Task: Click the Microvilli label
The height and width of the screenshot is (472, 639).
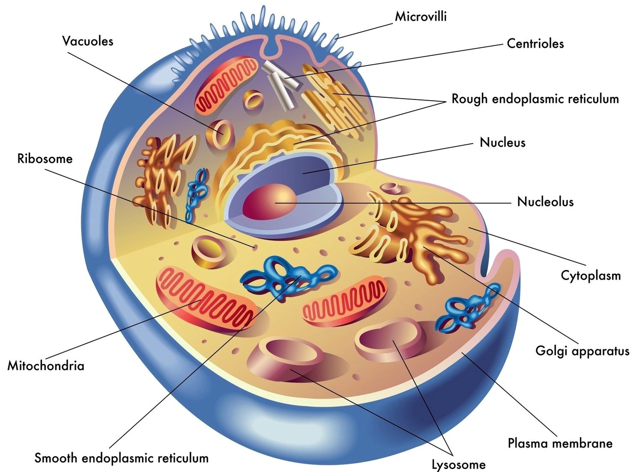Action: click(421, 17)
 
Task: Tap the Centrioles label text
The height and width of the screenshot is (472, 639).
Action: click(535, 44)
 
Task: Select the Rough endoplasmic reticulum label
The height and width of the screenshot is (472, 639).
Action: click(535, 99)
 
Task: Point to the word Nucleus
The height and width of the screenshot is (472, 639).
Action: click(503, 142)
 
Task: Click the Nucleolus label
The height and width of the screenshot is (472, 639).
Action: click(545, 202)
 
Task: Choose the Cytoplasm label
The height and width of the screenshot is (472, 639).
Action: click(590, 275)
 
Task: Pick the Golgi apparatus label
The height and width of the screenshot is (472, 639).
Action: click(582, 351)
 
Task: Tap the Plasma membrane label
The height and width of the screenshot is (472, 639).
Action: click(560, 443)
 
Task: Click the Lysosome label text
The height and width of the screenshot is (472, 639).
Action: click(459, 464)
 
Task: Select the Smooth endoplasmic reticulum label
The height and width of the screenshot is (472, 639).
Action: click(121, 458)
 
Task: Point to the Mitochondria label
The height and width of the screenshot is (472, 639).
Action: click(45, 366)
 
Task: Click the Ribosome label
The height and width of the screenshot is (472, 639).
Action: click(45, 159)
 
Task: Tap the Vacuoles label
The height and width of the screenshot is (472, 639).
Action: click(87, 41)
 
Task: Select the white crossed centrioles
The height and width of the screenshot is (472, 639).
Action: click(280, 84)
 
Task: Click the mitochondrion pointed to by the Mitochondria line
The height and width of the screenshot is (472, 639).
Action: click(205, 297)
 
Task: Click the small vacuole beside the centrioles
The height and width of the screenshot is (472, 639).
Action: click(254, 99)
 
